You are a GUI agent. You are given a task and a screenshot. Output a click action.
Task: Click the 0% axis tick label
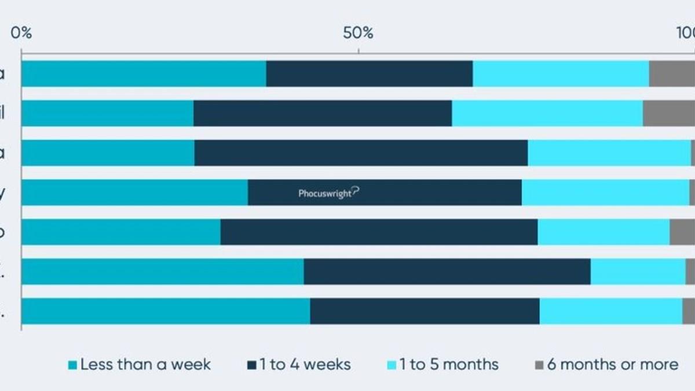[21, 33]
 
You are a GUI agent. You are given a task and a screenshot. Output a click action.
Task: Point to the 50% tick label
[358, 33]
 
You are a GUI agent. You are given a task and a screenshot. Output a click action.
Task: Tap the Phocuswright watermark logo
[328, 193]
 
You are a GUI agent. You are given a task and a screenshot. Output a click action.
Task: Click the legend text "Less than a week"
[145, 364]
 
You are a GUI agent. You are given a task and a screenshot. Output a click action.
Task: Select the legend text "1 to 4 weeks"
[305, 364]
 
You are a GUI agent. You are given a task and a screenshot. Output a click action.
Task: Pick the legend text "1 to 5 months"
[448, 364]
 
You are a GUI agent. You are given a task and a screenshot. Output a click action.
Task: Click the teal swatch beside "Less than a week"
[72, 365]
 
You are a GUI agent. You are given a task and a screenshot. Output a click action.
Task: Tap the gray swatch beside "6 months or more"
[539, 365]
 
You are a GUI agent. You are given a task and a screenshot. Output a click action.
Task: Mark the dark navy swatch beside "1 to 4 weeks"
[251, 365]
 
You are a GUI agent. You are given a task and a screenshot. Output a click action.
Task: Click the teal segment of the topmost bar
[144, 74]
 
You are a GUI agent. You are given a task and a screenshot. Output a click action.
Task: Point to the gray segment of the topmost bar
[672, 74]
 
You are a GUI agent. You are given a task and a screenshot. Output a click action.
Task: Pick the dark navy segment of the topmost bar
[370, 74]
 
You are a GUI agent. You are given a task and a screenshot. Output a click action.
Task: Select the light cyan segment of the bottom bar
[610, 311]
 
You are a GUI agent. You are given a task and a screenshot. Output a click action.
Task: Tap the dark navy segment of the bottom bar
[425, 311]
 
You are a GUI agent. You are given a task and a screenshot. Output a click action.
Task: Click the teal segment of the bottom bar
[166, 311]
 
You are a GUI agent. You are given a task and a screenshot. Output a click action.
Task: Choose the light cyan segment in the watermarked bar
[605, 192]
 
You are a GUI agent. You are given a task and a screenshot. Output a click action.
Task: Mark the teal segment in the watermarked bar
[134, 192]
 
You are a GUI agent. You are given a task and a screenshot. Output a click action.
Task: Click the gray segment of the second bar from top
[669, 113]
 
